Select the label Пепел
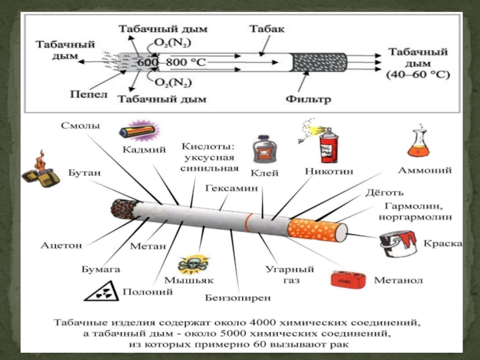[88, 94]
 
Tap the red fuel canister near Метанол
[349, 280]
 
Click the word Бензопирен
[238, 298]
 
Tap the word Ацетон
[61, 245]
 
